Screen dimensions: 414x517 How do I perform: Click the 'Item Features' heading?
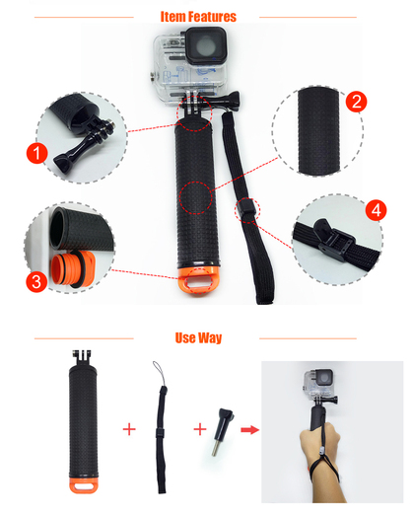click(x=198, y=17)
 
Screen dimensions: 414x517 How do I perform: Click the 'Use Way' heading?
click(x=198, y=337)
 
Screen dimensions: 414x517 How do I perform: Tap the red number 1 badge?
click(x=37, y=153)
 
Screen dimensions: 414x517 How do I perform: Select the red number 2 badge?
click(x=357, y=102)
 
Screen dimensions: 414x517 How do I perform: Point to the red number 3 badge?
click(x=36, y=281)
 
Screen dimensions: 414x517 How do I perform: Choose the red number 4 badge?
click(x=377, y=210)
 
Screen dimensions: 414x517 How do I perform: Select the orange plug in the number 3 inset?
click(x=73, y=268)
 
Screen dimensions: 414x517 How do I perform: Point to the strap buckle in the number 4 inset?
click(x=333, y=241)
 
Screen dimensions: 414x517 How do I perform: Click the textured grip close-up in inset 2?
click(x=318, y=130)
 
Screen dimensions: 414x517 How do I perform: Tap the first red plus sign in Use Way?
click(x=129, y=429)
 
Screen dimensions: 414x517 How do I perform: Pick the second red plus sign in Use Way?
click(x=200, y=429)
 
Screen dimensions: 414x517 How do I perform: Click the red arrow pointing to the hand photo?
click(x=250, y=429)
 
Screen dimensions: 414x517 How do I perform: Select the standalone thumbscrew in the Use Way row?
click(x=223, y=432)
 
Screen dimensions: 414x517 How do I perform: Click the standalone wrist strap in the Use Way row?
click(x=161, y=427)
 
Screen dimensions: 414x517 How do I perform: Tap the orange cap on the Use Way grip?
click(x=84, y=484)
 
